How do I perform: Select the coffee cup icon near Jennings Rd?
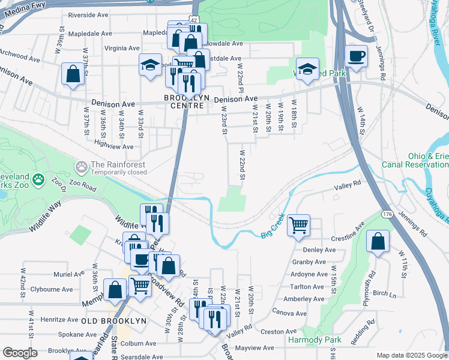click(x=356, y=56)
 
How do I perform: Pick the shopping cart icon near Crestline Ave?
click(x=298, y=226)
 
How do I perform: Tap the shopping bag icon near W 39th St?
click(x=73, y=74)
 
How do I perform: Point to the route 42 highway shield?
click(x=193, y=20)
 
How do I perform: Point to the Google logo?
click(x=20, y=353)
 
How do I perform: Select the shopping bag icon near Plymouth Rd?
click(x=378, y=241)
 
